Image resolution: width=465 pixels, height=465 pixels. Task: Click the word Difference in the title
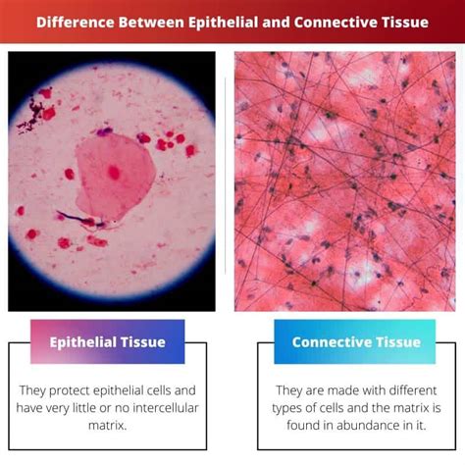(76, 23)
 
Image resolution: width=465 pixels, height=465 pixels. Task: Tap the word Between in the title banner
(151, 23)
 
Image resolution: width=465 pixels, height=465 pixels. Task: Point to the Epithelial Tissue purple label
(108, 341)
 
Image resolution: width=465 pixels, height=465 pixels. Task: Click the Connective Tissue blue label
(355, 341)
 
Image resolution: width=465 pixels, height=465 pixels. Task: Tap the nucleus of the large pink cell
(114, 172)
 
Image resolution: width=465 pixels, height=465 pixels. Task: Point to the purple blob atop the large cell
(104, 131)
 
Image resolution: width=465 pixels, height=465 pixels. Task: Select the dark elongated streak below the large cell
(78, 219)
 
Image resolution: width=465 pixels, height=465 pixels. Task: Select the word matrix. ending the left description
(107, 426)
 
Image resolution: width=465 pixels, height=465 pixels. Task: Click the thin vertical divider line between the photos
(226, 176)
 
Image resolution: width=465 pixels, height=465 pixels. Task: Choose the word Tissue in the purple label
(143, 342)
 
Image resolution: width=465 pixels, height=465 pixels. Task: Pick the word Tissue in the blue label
(398, 342)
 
